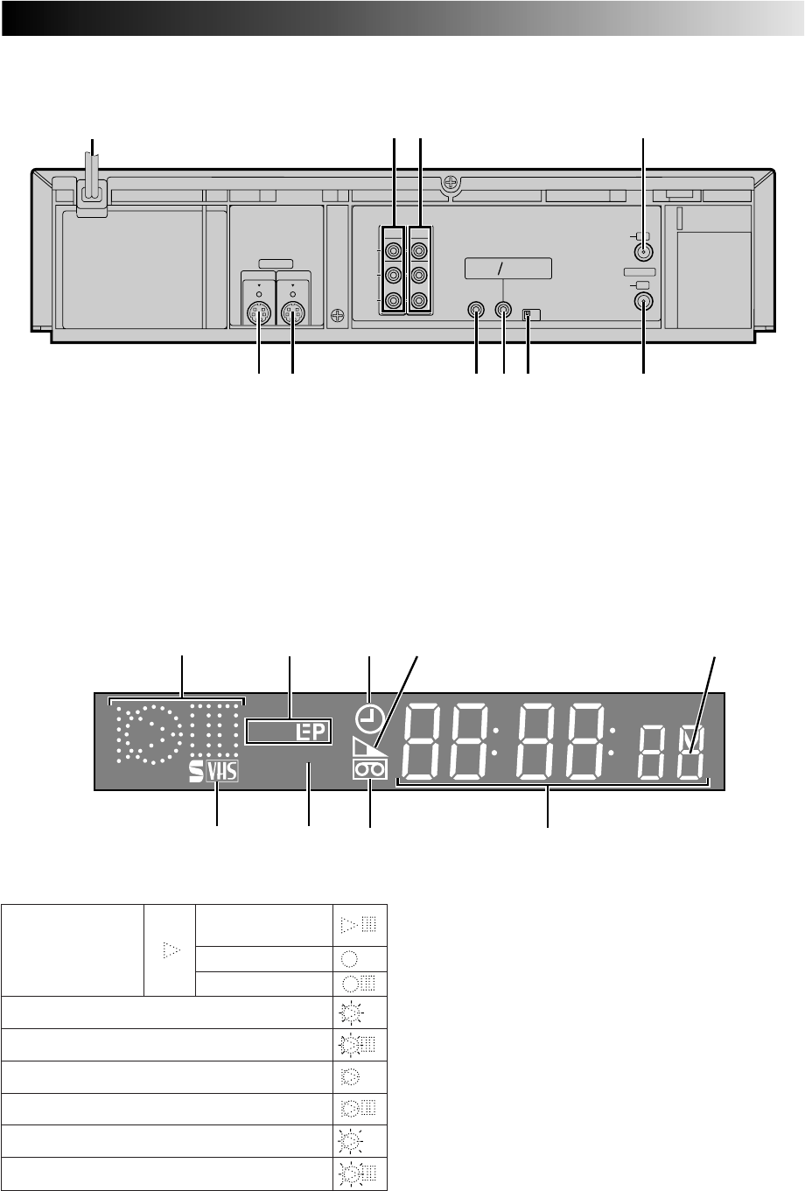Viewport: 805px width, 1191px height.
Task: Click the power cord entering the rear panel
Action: click(93, 179)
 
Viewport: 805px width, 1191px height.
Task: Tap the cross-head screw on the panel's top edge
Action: click(451, 184)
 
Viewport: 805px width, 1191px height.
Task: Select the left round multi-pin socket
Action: click(259, 313)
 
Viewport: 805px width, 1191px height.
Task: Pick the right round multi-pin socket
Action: click(292, 313)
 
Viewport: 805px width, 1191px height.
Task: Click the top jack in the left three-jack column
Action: click(394, 250)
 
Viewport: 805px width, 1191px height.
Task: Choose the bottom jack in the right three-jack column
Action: click(419, 301)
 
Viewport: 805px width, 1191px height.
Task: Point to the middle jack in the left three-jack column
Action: click(394, 276)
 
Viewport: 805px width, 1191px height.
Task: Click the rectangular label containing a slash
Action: click(507, 269)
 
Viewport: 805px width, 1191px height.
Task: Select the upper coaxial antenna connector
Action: click(644, 252)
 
